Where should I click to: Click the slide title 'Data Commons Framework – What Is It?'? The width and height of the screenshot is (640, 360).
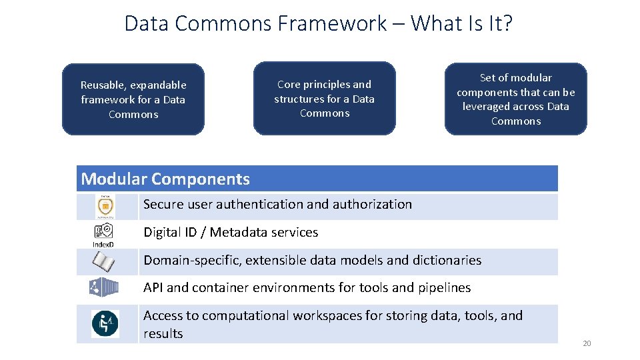point(319,23)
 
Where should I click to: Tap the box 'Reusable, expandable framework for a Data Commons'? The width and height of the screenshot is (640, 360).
point(133,99)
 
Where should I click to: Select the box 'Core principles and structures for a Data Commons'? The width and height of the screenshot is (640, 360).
point(325,99)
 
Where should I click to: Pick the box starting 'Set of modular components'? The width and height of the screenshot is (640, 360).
point(516,99)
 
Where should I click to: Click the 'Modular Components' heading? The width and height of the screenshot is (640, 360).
point(165,179)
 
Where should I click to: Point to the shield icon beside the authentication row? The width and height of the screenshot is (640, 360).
point(105,206)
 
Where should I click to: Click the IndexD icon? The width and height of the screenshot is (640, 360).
point(103,235)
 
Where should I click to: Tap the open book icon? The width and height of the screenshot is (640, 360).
point(104,261)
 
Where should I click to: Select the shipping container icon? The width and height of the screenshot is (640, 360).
point(104,287)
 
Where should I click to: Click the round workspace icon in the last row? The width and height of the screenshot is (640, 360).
point(105,324)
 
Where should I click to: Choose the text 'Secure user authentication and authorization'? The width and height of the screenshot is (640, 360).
point(277,205)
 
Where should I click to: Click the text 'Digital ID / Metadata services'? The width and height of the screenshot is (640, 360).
point(231,233)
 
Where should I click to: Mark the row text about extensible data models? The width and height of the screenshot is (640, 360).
point(312,261)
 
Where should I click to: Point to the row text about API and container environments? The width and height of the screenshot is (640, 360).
point(307,288)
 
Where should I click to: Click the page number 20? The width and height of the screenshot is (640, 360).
point(587,343)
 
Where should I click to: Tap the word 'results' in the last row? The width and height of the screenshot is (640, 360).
point(163,333)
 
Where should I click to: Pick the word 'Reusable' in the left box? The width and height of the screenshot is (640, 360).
point(102,85)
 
